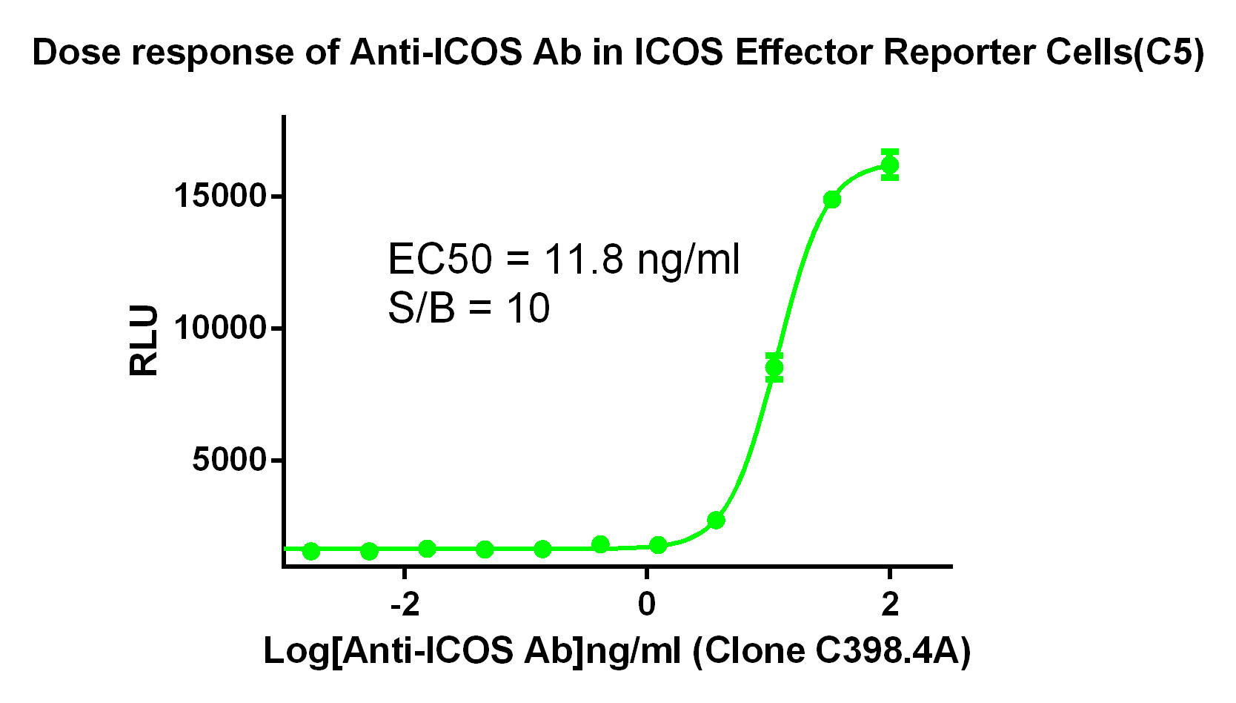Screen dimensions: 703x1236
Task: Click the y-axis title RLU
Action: click(x=144, y=340)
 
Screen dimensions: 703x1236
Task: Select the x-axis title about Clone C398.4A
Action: click(x=617, y=651)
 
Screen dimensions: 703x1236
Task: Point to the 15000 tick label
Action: click(x=219, y=197)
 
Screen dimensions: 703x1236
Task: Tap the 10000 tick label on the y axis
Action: click(x=219, y=328)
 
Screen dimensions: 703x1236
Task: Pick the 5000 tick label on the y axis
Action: click(x=228, y=460)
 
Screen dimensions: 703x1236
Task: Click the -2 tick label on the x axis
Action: click(x=405, y=605)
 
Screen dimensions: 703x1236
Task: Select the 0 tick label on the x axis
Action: click(x=647, y=605)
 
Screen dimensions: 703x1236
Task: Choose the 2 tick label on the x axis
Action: click(x=889, y=605)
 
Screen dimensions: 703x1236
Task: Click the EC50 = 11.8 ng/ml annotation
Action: click(x=563, y=260)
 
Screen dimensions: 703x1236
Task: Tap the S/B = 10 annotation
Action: click(x=468, y=308)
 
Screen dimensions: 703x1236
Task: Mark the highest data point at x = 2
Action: click(x=890, y=165)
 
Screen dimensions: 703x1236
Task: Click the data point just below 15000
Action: click(x=832, y=199)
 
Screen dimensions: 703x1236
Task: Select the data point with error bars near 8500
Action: click(x=774, y=367)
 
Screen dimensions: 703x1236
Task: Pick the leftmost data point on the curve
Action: click(x=311, y=551)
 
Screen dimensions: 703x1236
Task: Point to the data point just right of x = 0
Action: click(x=658, y=546)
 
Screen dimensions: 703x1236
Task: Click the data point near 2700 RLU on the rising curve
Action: click(x=716, y=520)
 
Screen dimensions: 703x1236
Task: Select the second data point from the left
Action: click(x=369, y=551)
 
